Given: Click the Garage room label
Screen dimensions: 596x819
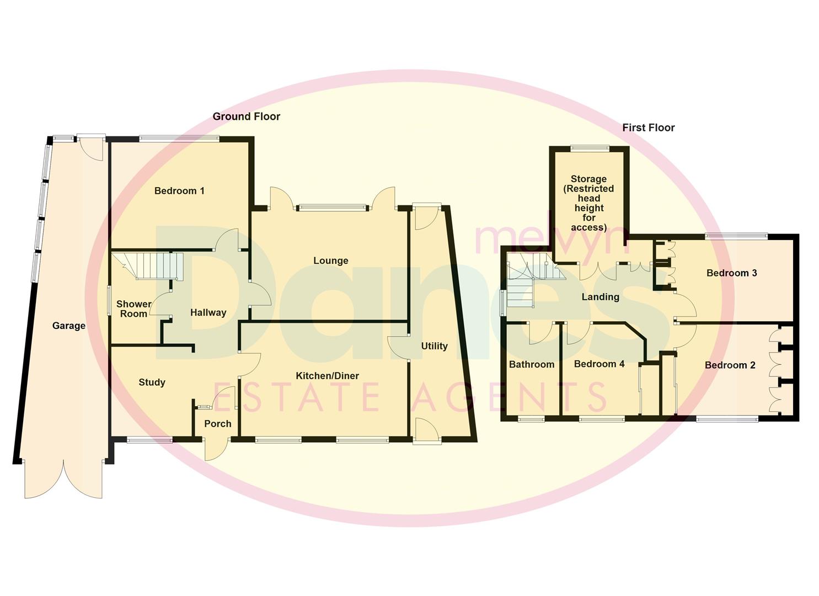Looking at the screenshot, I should point(68,326).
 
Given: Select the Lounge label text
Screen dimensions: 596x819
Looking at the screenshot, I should point(330,260).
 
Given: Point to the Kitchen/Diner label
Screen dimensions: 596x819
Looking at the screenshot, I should point(327,376).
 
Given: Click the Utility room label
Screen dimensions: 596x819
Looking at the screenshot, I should point(434,346).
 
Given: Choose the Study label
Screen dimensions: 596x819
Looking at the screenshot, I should point(152,382).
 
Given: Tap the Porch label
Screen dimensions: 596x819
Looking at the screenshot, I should point(217,424).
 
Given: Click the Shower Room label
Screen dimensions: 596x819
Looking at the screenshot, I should point(133,309).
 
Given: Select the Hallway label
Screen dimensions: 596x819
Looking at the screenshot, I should point(208,312).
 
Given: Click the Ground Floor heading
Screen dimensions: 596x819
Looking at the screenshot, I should point(246,116).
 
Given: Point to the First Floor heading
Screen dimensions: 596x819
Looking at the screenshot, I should point(648,127).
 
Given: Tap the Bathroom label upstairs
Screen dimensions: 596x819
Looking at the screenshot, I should point(531,364).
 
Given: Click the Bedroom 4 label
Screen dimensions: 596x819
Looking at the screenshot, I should point(599,364).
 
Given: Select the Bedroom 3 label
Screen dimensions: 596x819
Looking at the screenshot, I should point(731,273).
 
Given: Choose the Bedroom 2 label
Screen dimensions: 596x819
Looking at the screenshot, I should point(730,365).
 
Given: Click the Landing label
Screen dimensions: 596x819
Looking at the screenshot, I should point(600,297).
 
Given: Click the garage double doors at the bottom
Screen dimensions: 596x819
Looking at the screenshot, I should point(63,478).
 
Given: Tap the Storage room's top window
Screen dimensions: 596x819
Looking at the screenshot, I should point(590,148).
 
